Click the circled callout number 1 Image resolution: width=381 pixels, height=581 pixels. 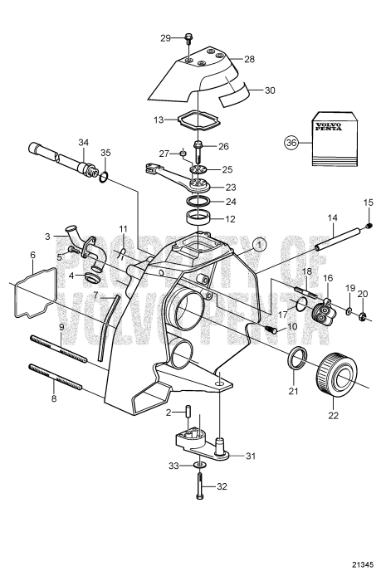point(259,244)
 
